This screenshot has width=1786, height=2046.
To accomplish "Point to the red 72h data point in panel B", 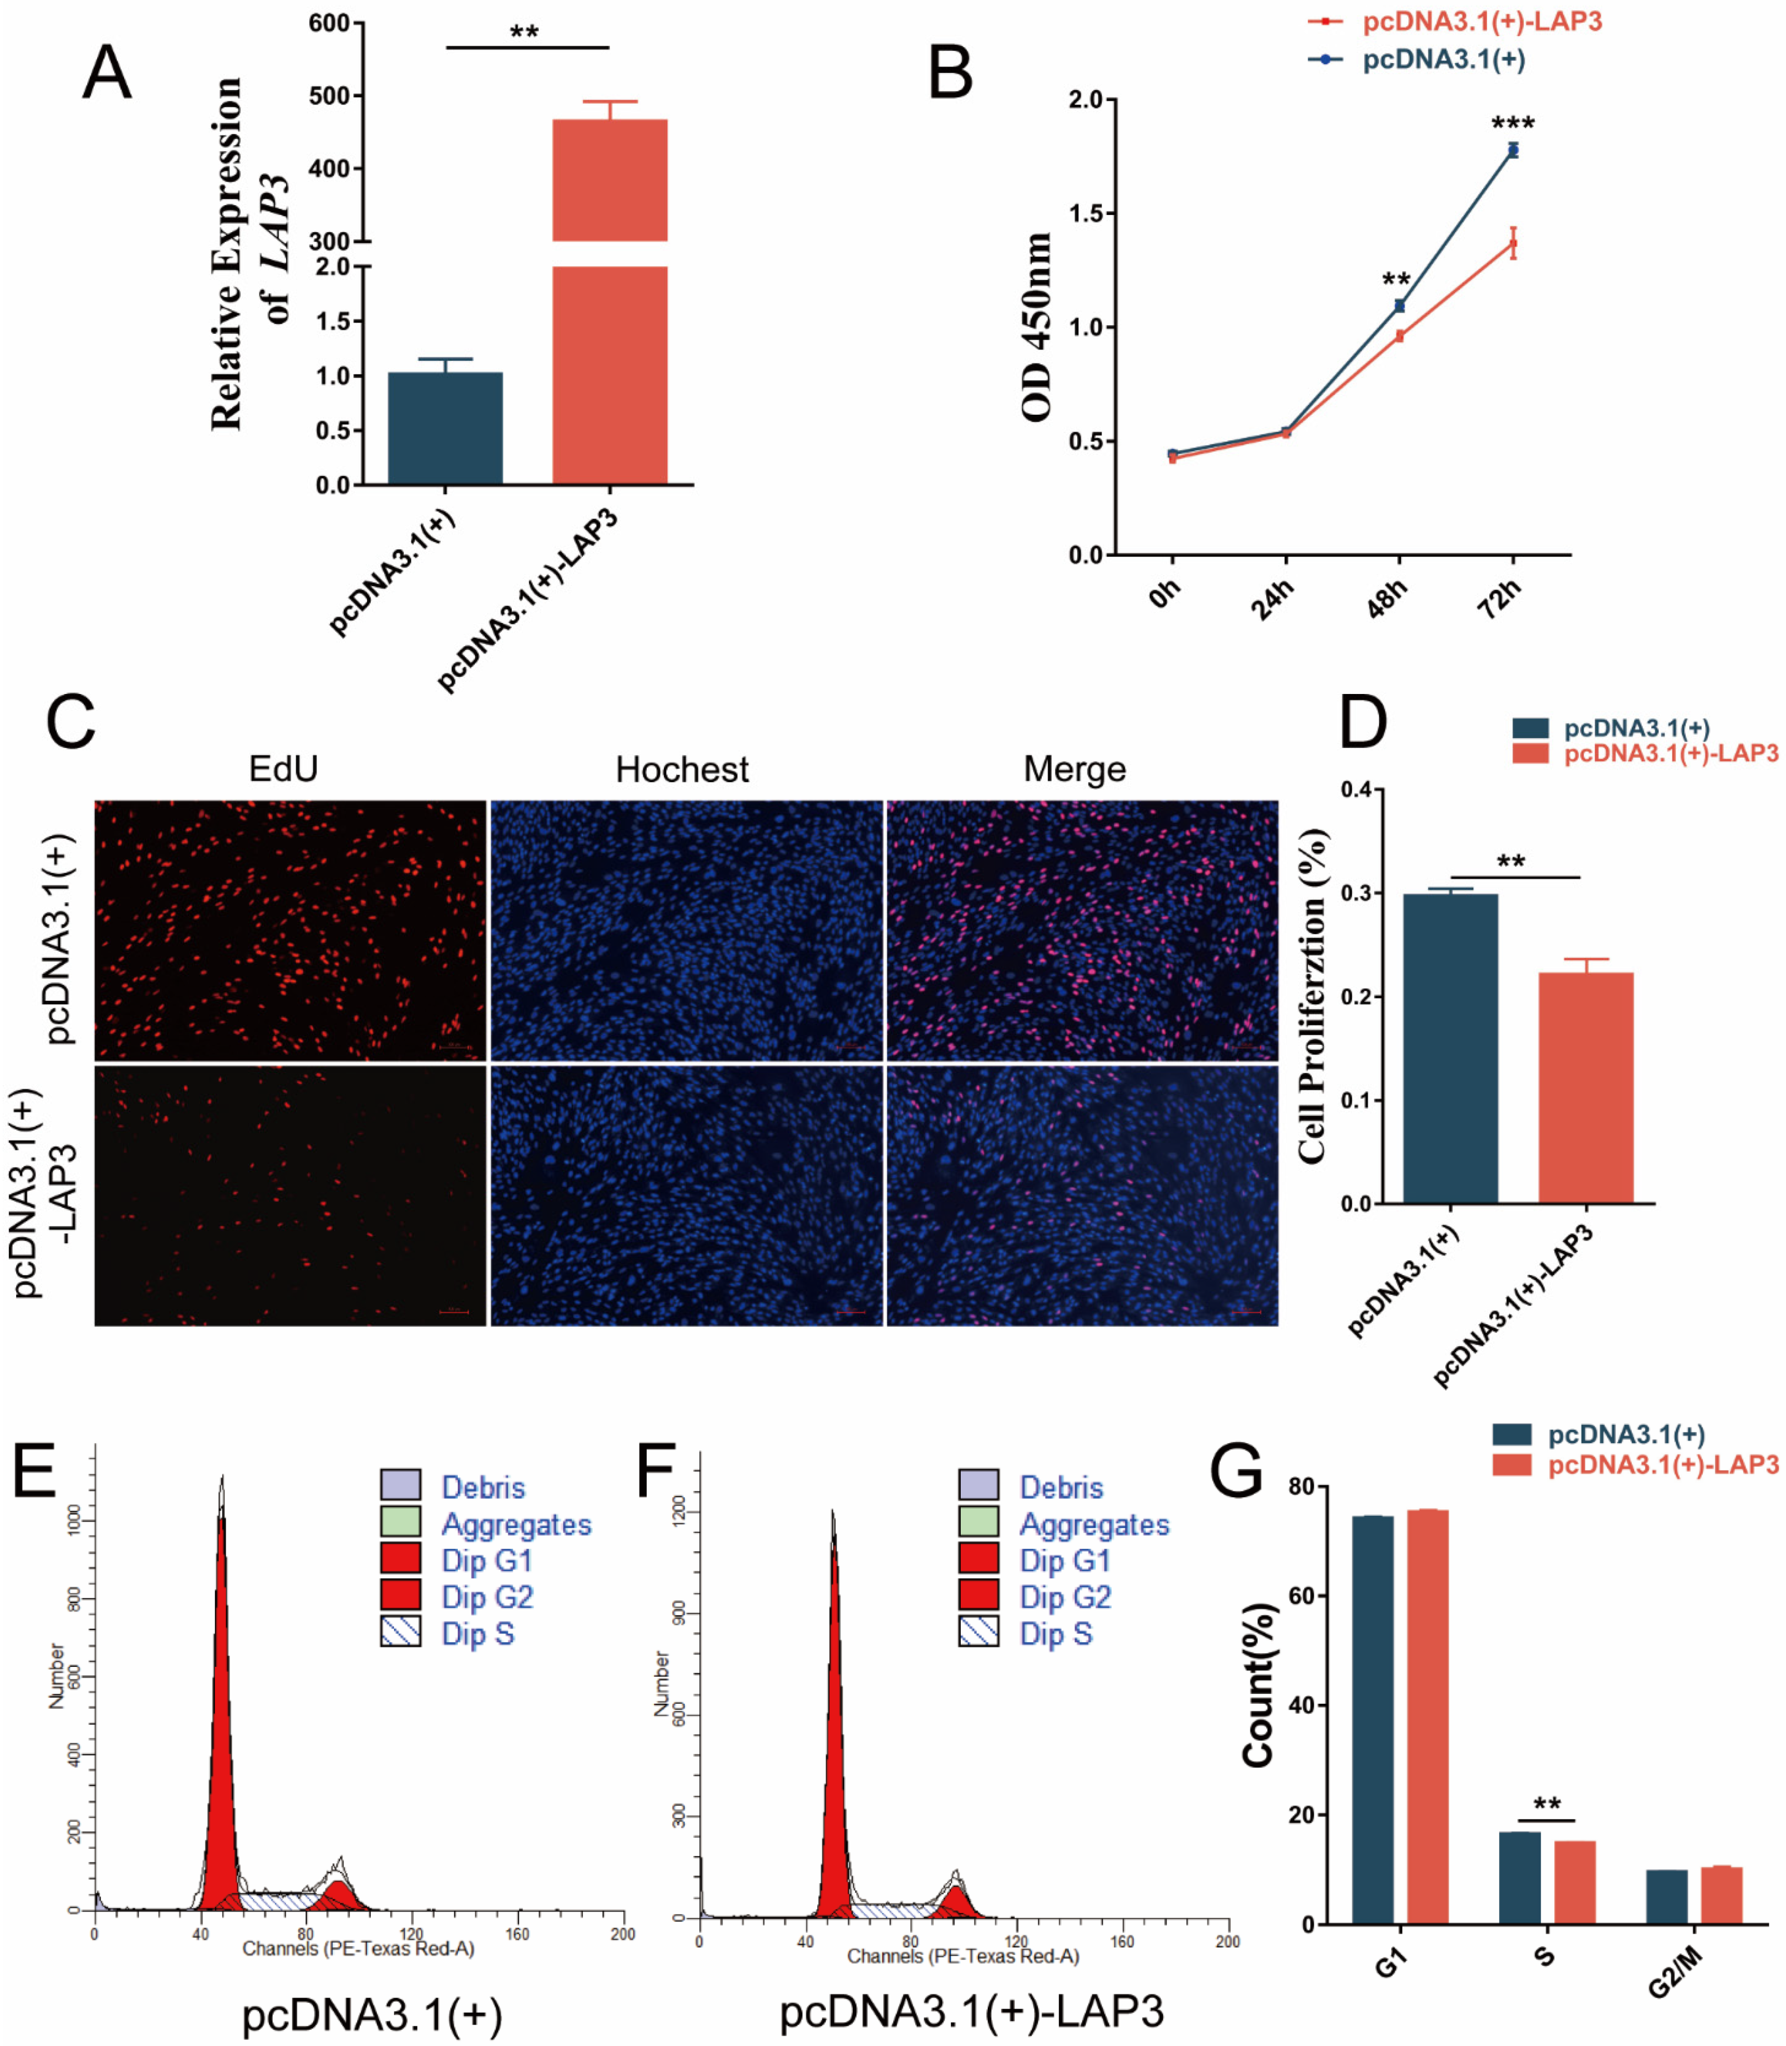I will [x=1513, y=243].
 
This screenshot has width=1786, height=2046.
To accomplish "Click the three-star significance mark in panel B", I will [x=1512, y=124].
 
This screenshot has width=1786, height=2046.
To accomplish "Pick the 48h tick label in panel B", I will [x=1387, y=598].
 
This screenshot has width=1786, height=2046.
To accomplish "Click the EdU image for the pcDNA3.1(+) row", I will [x=290, y=930].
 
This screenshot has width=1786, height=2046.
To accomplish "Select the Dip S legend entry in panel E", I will [x=477, y=1635].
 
